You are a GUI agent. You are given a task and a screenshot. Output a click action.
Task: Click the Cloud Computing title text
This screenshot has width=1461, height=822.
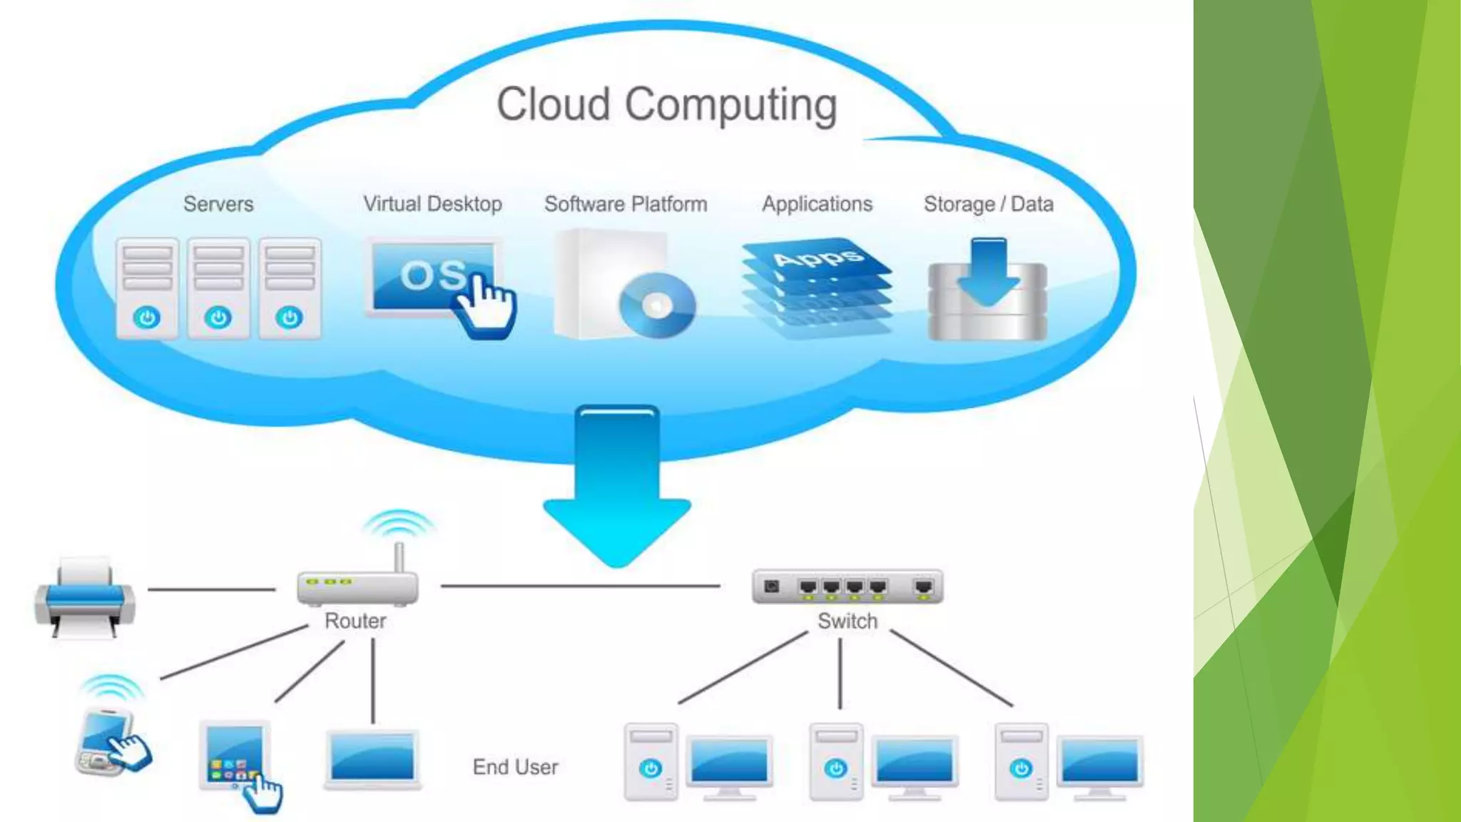[666, 105]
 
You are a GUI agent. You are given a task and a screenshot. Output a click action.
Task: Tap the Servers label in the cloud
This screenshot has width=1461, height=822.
[218, 204]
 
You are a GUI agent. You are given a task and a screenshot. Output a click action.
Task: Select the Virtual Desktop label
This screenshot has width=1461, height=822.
[432, 204]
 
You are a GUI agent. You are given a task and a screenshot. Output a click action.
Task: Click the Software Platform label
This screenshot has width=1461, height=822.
[626, 204]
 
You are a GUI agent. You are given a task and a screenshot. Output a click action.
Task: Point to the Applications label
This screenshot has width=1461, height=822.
[817, 204]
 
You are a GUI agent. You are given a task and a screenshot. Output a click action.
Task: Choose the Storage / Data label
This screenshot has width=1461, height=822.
[988, 204]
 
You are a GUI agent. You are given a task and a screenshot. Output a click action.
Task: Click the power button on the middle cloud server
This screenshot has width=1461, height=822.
[218, 317]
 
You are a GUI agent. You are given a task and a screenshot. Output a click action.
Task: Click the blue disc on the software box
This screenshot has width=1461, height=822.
[657, 305]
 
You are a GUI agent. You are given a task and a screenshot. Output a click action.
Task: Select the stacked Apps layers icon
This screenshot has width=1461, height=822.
[817, 285]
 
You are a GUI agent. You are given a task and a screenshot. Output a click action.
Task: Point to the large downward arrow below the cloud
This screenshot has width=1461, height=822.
[617, 485]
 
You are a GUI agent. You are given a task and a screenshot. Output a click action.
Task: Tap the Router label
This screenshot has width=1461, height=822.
[355, 621]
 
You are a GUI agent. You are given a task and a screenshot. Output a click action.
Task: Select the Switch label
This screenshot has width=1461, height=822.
[847, 621]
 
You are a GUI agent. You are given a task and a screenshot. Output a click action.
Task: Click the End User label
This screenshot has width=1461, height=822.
[515, 767]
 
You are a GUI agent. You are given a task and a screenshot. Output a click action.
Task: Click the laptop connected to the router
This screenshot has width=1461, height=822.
[372, 758]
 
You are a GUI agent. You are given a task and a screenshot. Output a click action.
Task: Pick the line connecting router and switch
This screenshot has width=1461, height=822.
[581, 586]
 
